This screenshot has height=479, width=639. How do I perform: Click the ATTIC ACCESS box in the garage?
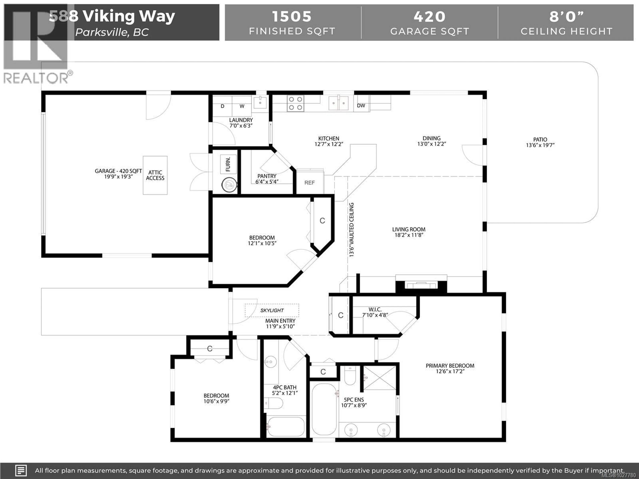(x=155, y=175)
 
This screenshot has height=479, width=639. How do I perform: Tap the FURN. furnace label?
(x=228, y=164)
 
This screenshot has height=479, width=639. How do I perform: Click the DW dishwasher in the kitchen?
(x=361, y=106)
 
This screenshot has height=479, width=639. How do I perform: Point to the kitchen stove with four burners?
(x=295, y=103)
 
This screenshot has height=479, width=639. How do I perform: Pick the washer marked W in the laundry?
(x=242, y=106)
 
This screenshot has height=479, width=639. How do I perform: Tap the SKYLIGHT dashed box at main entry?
(x=272, y=310)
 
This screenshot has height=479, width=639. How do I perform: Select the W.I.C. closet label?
(x=375, y=310)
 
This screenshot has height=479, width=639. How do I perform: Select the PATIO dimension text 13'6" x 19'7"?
(x=540, y=145)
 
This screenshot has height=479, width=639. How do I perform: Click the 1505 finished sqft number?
(x=292, y=16)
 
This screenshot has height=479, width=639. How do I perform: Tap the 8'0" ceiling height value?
(x=566, y=16)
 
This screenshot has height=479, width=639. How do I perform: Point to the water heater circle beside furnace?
(x=229, y=185)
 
